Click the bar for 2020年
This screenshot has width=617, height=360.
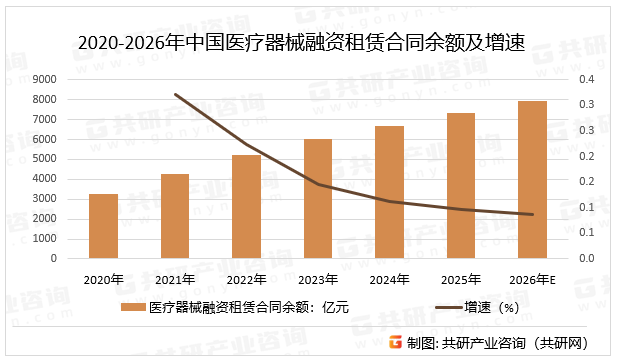coord(103,226)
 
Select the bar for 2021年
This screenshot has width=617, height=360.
coord(175,216)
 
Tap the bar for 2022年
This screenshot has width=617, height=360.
coord(246,207)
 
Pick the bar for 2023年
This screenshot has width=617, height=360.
coord(318,199)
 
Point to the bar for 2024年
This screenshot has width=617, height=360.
coord(389,192)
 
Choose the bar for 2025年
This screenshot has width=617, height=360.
coord(461,186)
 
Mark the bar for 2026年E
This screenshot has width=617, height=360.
coord(532,180)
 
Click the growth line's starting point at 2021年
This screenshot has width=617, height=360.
coord(175,95)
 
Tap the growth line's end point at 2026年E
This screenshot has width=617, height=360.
coord(532,214)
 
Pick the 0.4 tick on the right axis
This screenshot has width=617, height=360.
coord(586,80)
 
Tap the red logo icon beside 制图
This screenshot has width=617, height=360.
coord(396,342)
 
